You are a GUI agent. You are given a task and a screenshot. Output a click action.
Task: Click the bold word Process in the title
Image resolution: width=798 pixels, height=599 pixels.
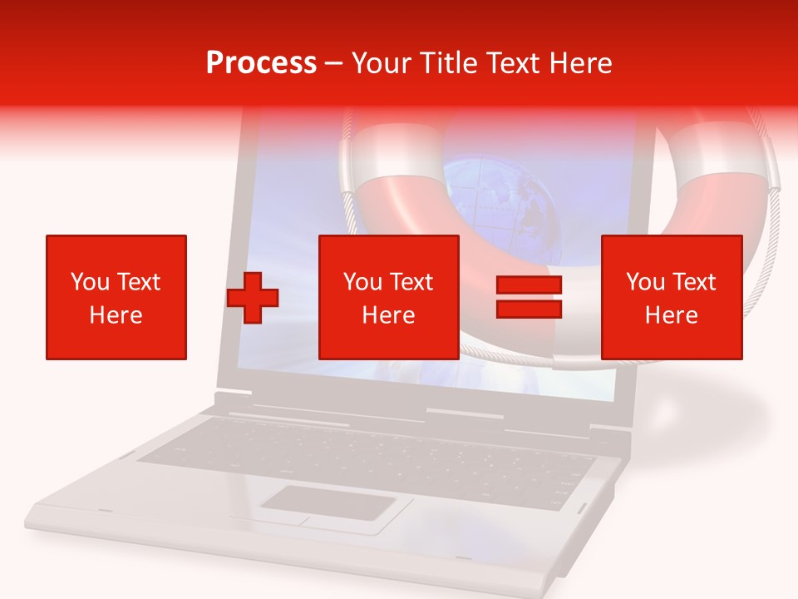point(261,63)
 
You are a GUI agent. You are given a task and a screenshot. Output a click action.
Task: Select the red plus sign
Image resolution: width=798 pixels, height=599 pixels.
point(253,298)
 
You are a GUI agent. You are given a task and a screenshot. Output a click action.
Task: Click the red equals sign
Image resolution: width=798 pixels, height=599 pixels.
point(529,298)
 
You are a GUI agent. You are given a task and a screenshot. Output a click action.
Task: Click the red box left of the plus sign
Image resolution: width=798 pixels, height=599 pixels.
point(116,297)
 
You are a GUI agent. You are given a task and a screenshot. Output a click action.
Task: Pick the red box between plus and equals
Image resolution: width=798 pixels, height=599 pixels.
point(388,297)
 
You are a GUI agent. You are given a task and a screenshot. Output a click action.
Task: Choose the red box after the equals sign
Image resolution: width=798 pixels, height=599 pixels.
point(671,297)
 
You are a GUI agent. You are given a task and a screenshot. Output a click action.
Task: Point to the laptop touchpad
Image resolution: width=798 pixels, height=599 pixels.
point(328,503)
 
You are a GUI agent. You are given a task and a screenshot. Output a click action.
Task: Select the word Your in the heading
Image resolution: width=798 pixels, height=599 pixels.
point(382,63)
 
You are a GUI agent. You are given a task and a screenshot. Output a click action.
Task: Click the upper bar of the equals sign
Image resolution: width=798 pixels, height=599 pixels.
point(529,286)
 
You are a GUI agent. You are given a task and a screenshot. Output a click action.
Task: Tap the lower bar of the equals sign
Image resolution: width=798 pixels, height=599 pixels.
point(529,309)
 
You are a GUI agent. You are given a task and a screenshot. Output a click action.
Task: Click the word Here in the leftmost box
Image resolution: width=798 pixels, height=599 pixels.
point(116,315)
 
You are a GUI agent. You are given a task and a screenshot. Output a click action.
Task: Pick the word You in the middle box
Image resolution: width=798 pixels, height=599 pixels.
point(362,282)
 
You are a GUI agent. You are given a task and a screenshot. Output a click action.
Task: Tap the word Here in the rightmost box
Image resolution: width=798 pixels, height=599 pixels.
point(671,315)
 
